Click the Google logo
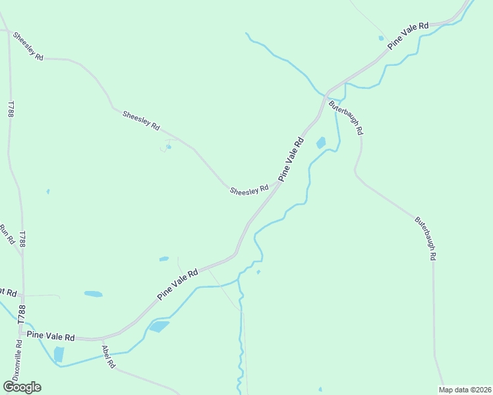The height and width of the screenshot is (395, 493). click(x=22, y=387)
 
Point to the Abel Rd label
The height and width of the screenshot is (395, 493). click(x=108, y=356)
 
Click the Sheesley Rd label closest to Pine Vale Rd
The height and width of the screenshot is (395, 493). click(x=249, y=190)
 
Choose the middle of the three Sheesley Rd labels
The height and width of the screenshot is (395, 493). click(x=141, y=119)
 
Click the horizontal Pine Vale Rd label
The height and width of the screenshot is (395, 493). click(x=51, y=336)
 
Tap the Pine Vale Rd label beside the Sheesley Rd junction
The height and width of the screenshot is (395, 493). click(x=291, y=159)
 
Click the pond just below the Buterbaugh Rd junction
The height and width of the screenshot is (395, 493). click(x=321, y=142)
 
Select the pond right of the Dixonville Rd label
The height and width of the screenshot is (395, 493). click(x=59, y=354)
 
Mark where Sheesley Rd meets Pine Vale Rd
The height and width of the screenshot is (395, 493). click(x=277, y=185)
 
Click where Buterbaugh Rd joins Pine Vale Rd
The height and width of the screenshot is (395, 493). click(x=327, y=93)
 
